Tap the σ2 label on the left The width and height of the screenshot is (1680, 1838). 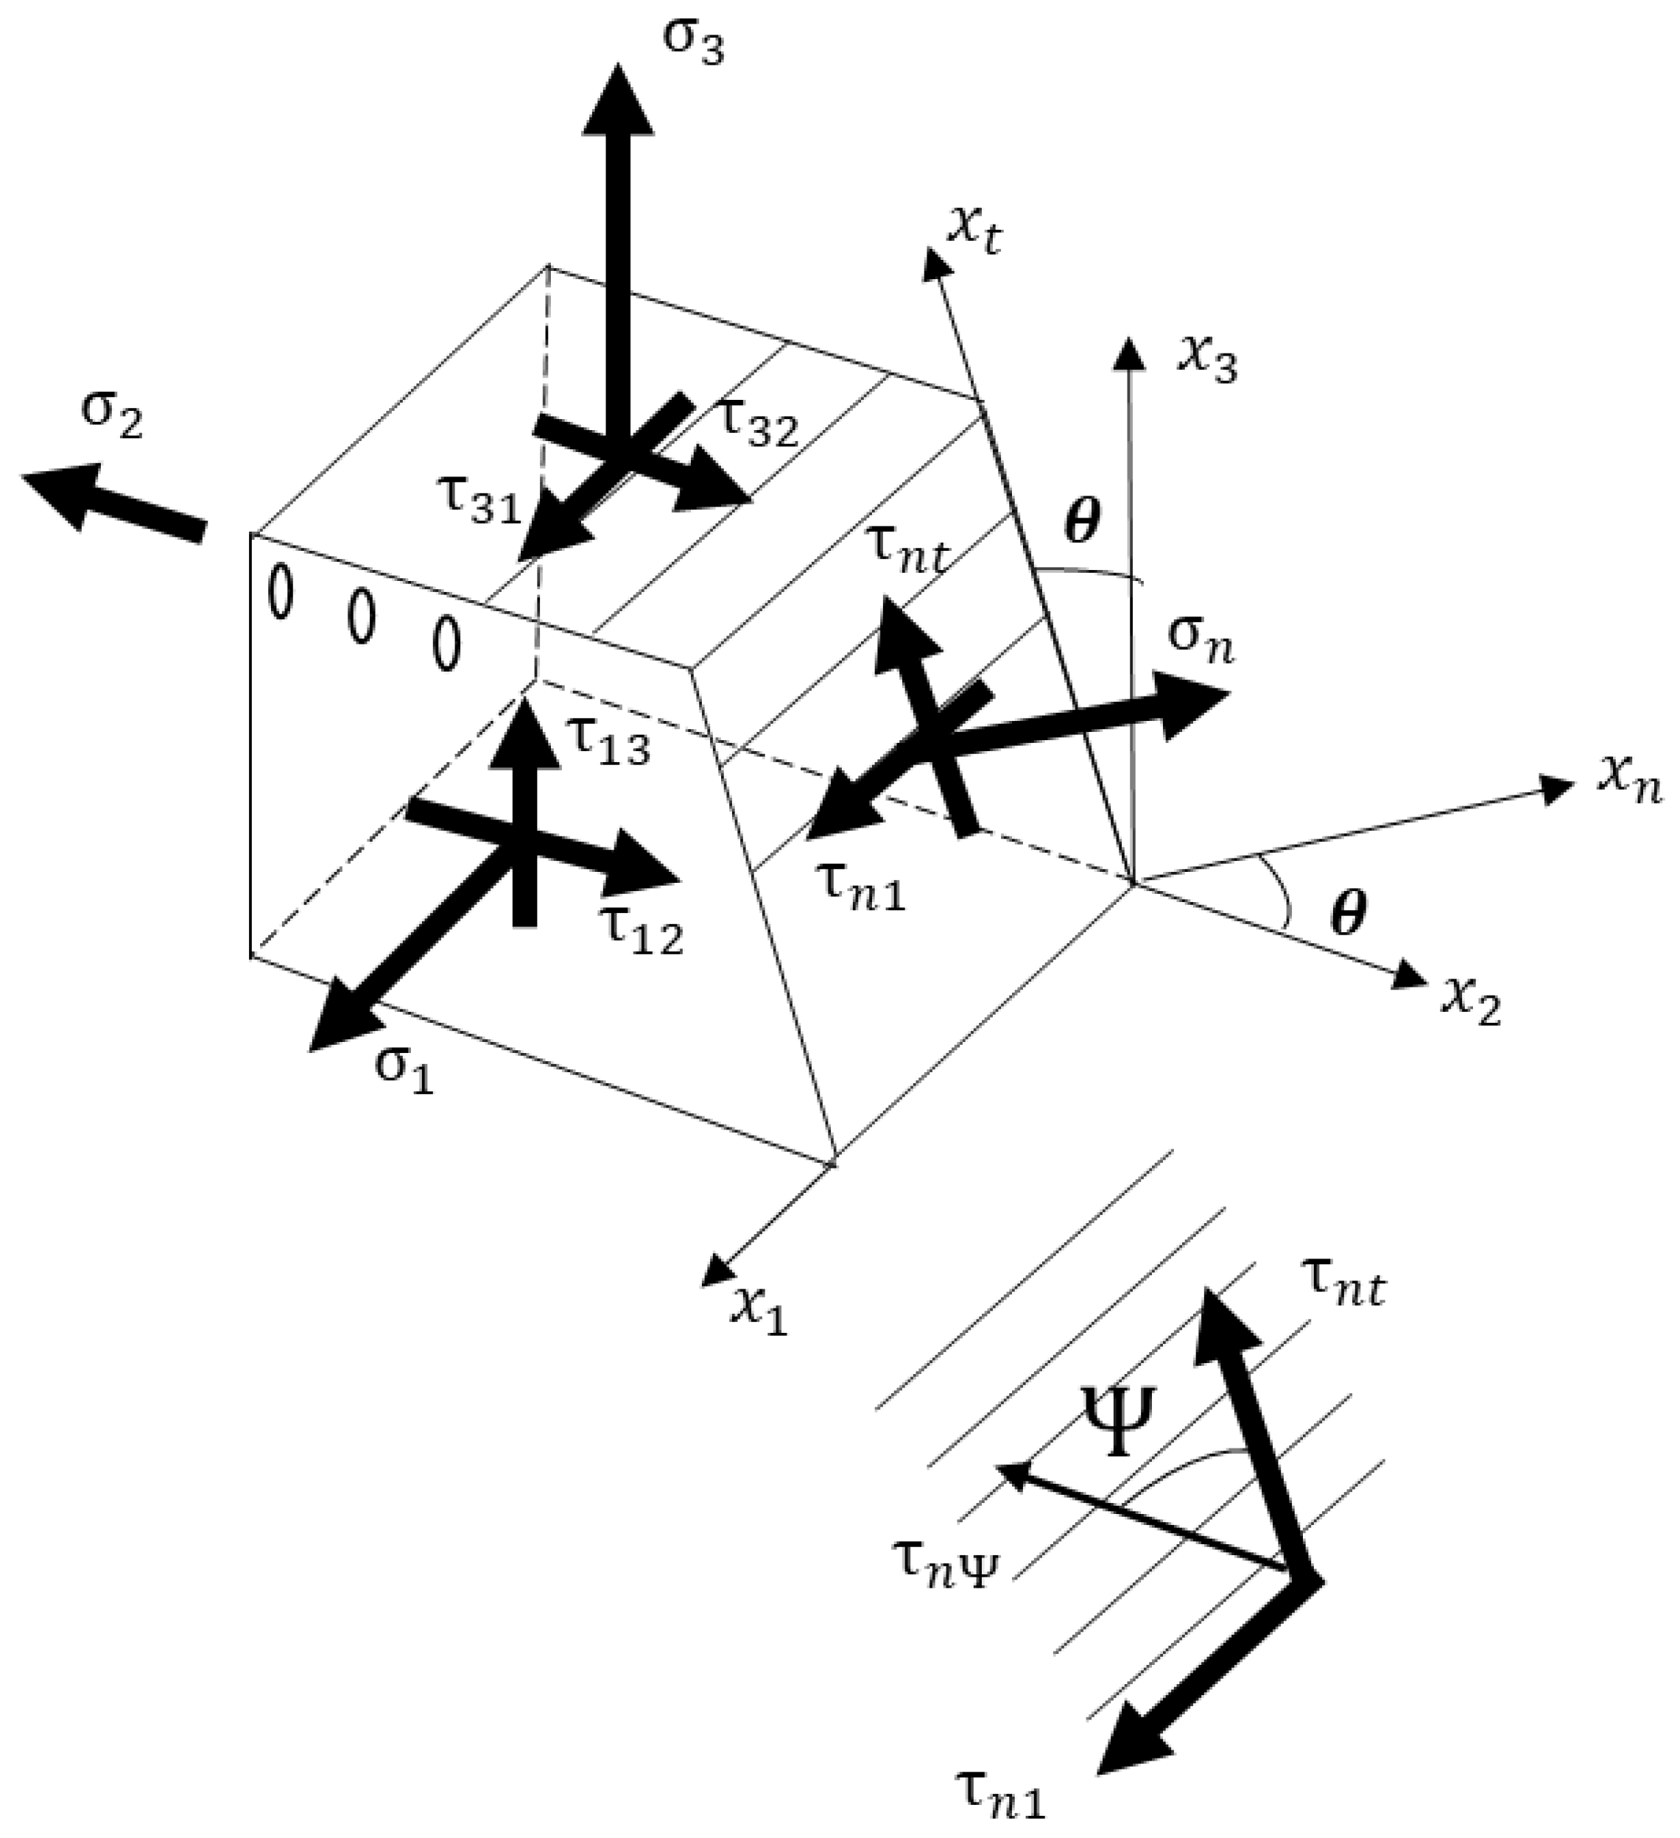[x=112, y=418]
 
